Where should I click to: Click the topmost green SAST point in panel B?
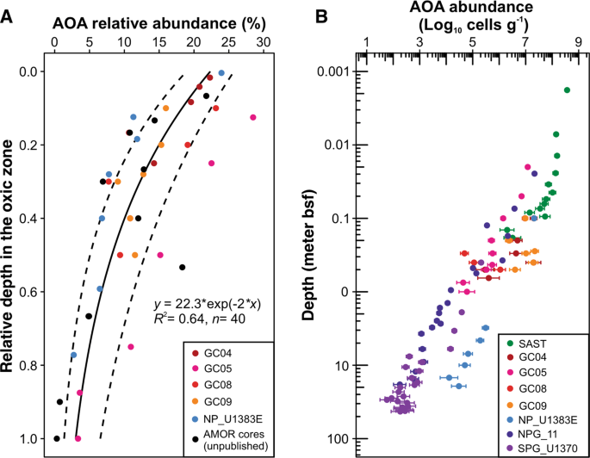coord(567,90)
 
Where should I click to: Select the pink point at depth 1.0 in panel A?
coord(78,438)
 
